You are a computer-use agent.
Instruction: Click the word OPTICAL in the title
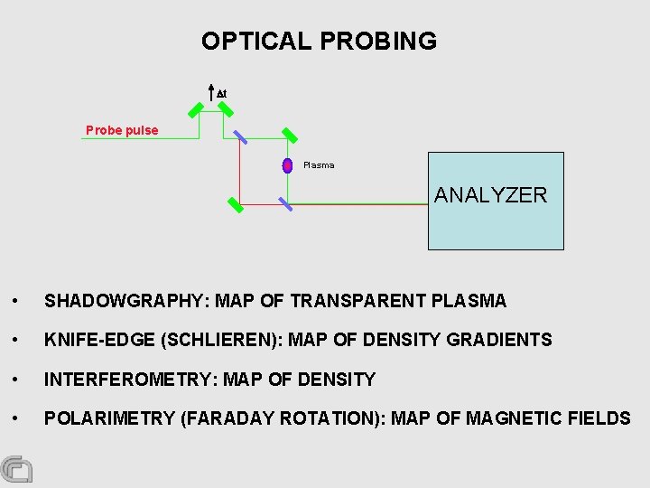[255, 42]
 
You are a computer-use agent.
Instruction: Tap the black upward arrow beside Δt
[210, 93]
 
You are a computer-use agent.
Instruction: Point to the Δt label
[221, 93]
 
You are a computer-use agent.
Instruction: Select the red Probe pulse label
[122, 130]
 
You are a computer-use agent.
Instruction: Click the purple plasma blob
[287, 165]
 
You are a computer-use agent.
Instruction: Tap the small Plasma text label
[319, 165]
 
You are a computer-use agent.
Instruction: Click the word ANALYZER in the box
[490, 195]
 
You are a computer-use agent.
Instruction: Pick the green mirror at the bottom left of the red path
[236, 204]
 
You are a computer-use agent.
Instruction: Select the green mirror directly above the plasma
[291, 135]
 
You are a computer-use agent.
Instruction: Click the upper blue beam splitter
[240, 136]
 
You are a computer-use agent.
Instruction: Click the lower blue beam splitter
[285, 203]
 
